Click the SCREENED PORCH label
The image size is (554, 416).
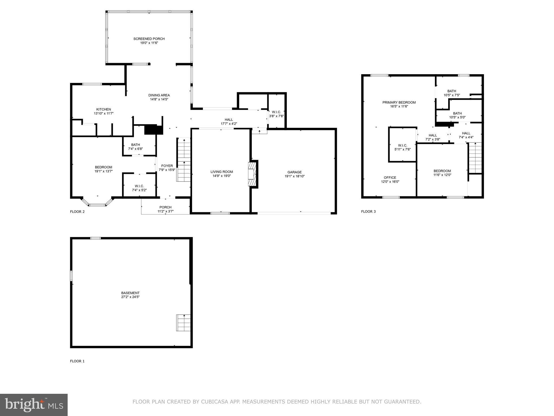coord(149,39)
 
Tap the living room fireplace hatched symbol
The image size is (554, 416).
coord(252,174)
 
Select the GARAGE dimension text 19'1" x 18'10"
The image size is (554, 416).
coord(295,176)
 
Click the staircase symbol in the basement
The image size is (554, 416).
coord(183,323)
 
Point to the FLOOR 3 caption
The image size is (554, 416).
coord(368,212)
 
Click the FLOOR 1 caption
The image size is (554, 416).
coord(77,361)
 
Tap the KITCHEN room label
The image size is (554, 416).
coord(104,109)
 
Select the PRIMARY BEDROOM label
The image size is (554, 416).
coord(399,102)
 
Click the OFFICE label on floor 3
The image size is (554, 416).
coord(390,178)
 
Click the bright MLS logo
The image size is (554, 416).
coord(34,405)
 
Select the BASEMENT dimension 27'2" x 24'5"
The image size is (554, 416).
coord(130,297)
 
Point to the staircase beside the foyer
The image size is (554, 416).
coord(184,160)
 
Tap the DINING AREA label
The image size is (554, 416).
coord(159,95)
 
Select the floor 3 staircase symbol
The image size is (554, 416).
coord(475,158)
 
